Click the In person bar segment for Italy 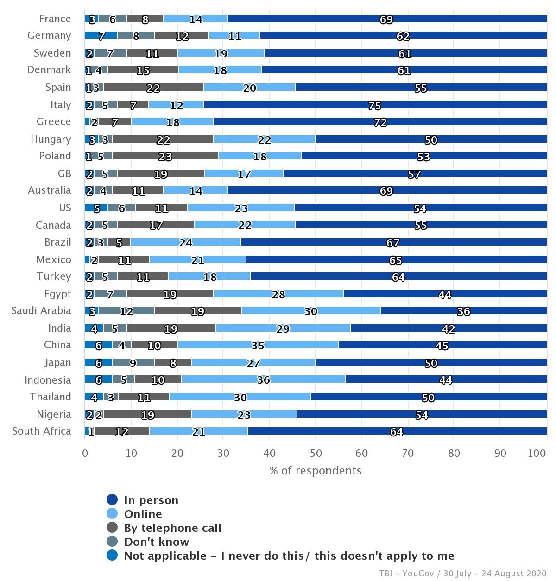tap(375, 105)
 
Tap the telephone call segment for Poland tap(165, 156)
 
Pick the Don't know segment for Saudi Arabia tap(126, 311)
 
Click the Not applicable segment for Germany tap(101, 36)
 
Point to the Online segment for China tap(258, 345)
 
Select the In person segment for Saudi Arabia tap(463, 311)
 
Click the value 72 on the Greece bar tap(380, 122)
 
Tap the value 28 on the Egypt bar tap(278, 294)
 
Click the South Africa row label tap(42, 431)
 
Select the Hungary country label tap(51, 139)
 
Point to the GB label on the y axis tap(64, 174)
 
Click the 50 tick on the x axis tap(316, 453)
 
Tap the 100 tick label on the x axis tap(537, 453)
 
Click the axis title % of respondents tap(316, 471)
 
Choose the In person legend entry tap(151, 500)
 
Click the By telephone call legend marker tap(112, 528)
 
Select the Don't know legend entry tap(156, 542)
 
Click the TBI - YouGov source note tap(462, 574)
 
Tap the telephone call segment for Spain tap(153, 88)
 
